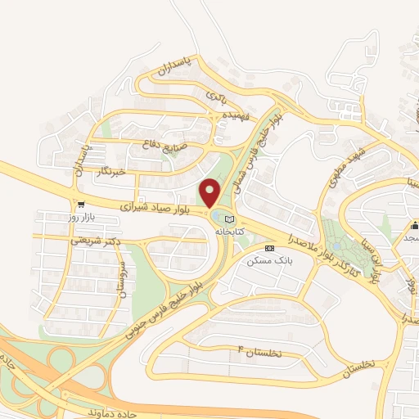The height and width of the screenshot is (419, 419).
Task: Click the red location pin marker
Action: (x=210, y=193)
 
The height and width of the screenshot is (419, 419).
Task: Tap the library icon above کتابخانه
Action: (x=229, y=219)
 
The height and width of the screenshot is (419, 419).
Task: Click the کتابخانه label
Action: (x=230, y=232)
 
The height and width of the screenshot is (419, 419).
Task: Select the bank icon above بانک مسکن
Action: (x=270, y=248)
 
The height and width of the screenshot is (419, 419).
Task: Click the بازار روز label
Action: (x=82, y=216)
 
